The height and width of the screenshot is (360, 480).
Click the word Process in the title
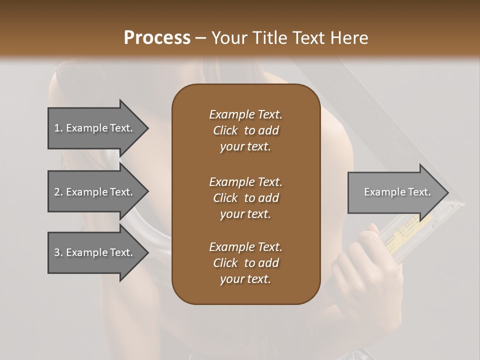(157, 37)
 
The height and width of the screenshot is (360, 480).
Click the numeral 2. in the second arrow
(58, 192)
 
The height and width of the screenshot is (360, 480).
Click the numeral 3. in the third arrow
(58, 252)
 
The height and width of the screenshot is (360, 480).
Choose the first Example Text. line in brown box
(245, 114)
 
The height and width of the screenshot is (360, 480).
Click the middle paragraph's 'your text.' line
(245, 214)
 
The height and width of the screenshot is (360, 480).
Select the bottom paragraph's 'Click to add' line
(245, 263)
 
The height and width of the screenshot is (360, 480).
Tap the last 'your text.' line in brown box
(245, 279)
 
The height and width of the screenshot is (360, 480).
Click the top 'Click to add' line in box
(245, 130)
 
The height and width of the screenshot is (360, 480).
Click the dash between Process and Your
(200, 38)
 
